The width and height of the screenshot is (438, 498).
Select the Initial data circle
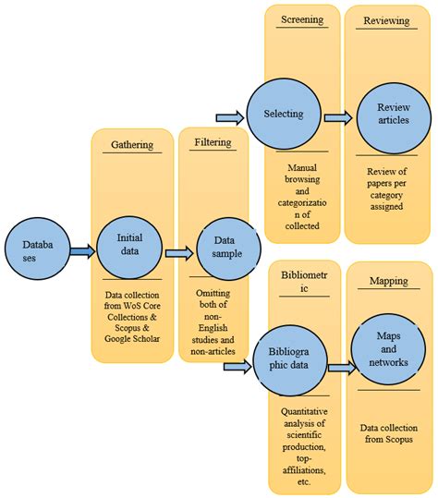pos(128,243)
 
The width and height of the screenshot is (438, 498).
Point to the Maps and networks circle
pos(388,346)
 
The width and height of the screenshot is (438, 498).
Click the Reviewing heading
pos(388,19)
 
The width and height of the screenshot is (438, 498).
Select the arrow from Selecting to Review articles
pos(338,117)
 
